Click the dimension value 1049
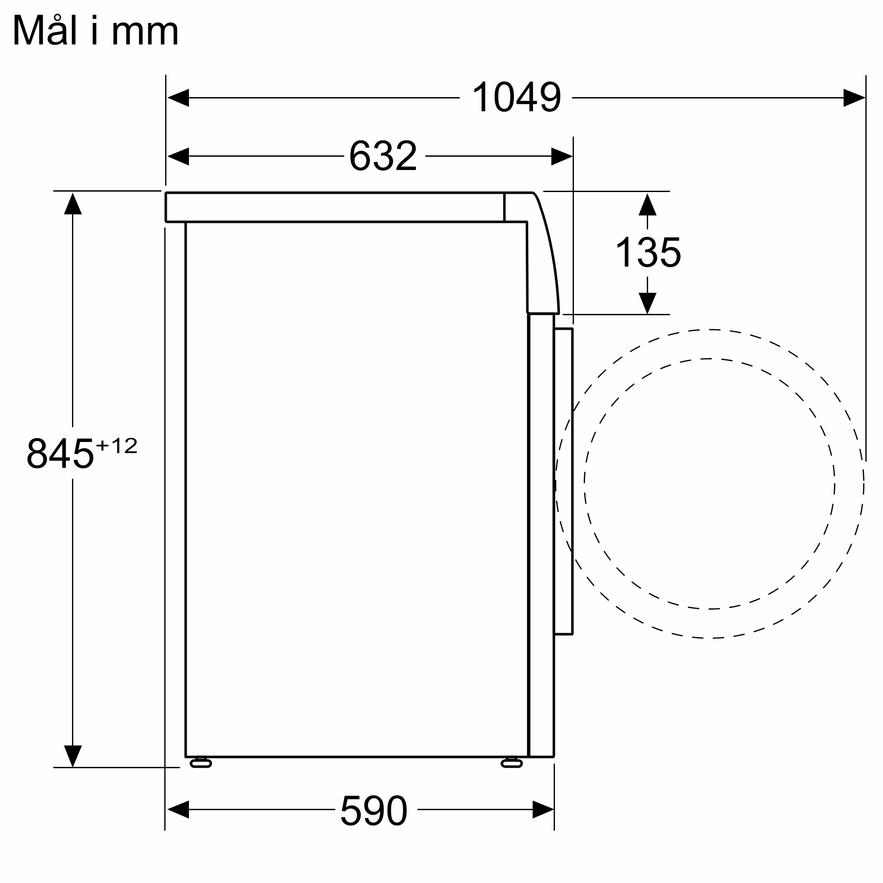pyautogui.click(x=516, y=97)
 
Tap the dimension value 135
pyautogui.click(x=648, y=252)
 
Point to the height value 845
pyautogui.click(x=60, y=453)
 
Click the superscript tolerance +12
pyautogui.click(x=117, y=445)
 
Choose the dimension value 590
pyautogui.click(x=374, y=810)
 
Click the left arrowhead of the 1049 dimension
pyautogui.click(x=178, y=98)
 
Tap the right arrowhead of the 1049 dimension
pyautogui.click(x=854, y=98)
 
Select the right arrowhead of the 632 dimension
pyautogui.click(x=562, y=156)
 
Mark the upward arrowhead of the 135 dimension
pyautogui.click(x=647, y=205)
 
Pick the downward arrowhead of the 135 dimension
pyautogui.click(x=647, y=303)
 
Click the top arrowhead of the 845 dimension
pyautogui.click(x=73, y=204)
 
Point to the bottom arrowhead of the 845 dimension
pyautogui.click(x=73, y=756)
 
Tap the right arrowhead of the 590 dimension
pyautogui.click(x=543, y=809)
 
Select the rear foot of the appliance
pyautogui.click(x=200, y=763)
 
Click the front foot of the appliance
pyautogui.click(x=511, y=763)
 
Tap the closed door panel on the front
pyautogui.click(x=563, y=481)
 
